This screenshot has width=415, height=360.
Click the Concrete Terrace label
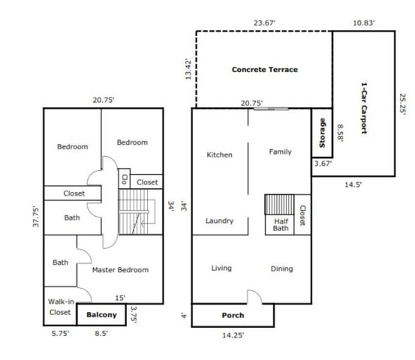tap(265, 70)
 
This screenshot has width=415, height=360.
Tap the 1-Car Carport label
tap(365, 108)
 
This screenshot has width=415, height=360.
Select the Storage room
tap(322, 133)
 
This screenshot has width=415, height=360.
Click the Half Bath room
tap(280, 225)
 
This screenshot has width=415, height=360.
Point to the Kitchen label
tap(219, 154)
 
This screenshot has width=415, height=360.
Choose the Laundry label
tap(219, 220)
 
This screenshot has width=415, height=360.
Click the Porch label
tap(233, 315)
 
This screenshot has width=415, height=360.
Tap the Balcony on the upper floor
tap(101, 314)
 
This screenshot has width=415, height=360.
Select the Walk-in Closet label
tap(61, 307)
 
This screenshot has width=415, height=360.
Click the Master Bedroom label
tap(120, 270)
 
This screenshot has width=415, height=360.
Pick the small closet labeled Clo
tap(124, 178)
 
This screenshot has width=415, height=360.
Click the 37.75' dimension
tap(36, 217)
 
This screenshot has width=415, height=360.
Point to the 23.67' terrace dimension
tap(264, 23)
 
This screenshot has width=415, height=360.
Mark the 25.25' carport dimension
tap(402, 103)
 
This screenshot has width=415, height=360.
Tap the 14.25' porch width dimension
tap(233, 335)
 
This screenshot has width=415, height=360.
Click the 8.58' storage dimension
tap(340, 133)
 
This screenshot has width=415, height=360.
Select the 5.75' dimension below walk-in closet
tap(60, 333)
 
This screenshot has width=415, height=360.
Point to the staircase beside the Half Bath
tap(280, 205)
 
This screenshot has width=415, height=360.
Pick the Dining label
tap(282, 269)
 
